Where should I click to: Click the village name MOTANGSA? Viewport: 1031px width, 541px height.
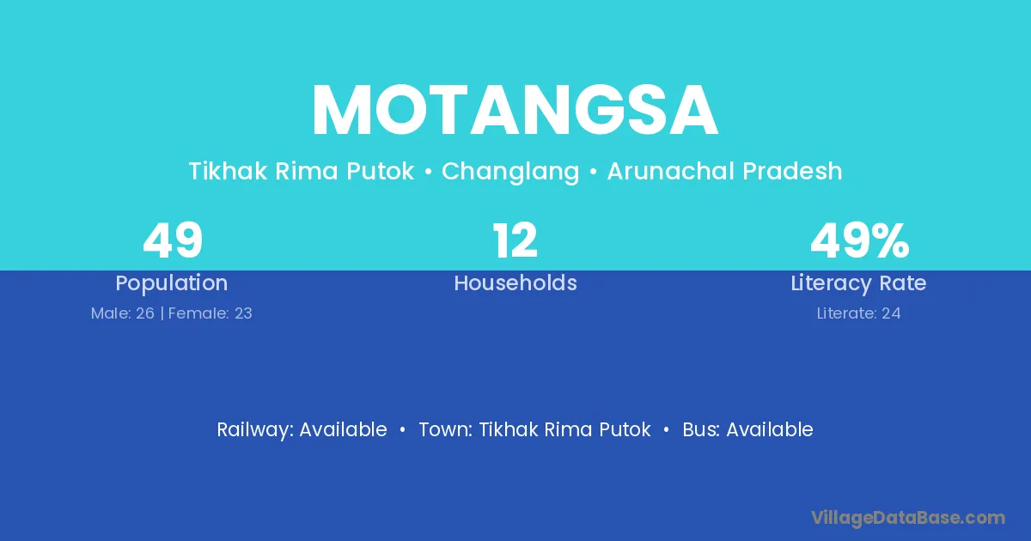tap(515, 110)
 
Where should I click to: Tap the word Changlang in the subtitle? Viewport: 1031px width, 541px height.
tap(510, 172)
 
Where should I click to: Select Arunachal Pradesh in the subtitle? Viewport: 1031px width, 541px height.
tap(724, 171)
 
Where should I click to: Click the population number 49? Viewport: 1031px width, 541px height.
tap(173, 240)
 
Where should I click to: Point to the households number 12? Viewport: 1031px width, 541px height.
tap(515, 240)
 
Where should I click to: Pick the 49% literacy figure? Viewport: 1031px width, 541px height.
tap(860, 240)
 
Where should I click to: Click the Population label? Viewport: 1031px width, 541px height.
tap(172, 283)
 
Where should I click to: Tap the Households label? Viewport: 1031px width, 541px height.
tap(515, 283)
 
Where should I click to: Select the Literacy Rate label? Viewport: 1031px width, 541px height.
tap(858, 283)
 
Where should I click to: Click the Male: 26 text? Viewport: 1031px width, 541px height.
tap(122, 313)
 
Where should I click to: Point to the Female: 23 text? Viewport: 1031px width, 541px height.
tap(210, 313)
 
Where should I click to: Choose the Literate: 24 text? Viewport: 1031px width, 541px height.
tap(858, 313)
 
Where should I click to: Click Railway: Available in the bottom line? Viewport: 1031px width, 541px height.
tap(302, 430)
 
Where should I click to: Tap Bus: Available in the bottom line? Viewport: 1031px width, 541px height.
tap(748, 429)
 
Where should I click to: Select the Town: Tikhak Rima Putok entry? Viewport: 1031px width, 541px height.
tap(534, 429)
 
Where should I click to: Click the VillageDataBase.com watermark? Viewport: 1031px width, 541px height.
tap(908, 519)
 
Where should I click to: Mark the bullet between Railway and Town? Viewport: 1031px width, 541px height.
tap(403, 430)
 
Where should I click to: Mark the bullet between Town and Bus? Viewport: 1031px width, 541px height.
tap(666, 430)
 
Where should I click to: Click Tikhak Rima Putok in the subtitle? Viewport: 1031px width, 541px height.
tap(302, 171)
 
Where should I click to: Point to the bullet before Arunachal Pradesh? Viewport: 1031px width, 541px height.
tap(594, 172)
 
